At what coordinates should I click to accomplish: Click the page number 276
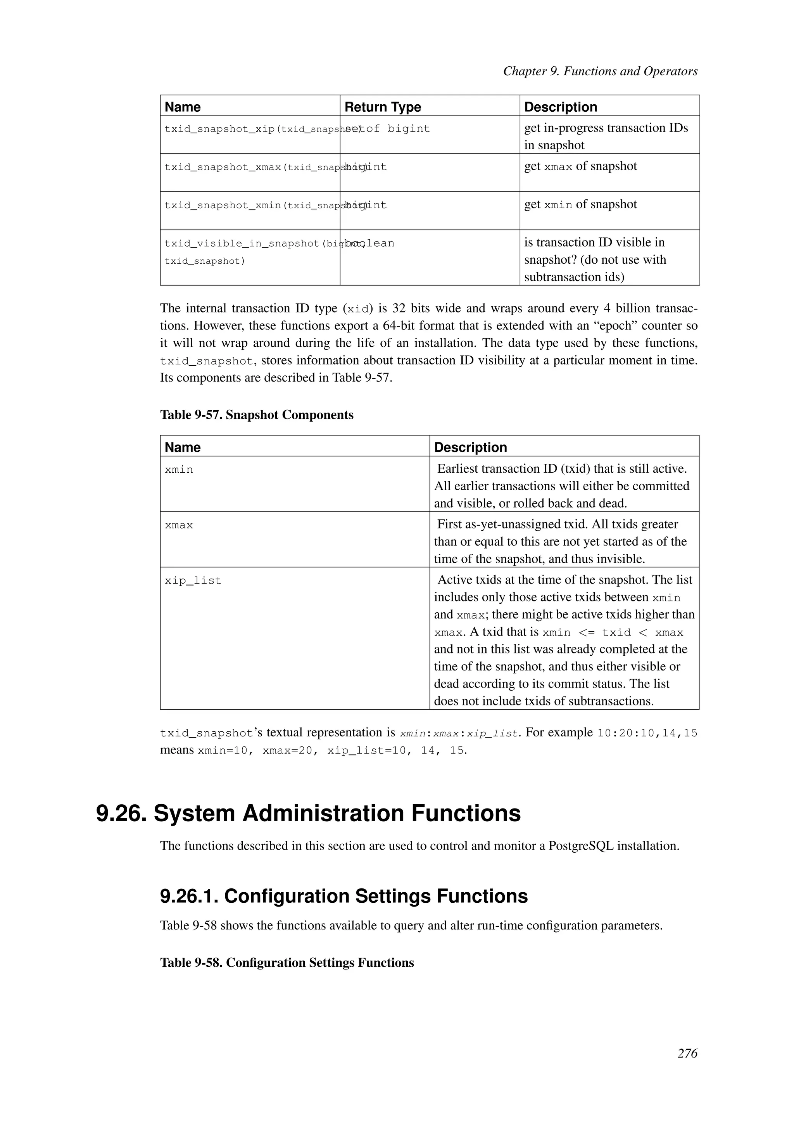(x=687, y=1067)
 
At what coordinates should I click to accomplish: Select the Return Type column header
(x=382, y=107)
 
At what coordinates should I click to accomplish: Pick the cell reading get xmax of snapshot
(x=580, y=166)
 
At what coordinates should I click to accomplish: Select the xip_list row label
(x=193, y=581)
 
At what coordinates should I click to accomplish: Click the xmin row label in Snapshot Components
(x=179, y=470)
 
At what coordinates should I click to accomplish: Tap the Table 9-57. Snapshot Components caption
(x=257, y=415)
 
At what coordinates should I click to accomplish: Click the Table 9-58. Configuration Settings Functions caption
(x=287, y=962)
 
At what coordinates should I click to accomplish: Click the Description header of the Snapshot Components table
(x=470, y=447)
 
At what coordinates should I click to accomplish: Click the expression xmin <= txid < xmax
(x=613, y=633)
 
